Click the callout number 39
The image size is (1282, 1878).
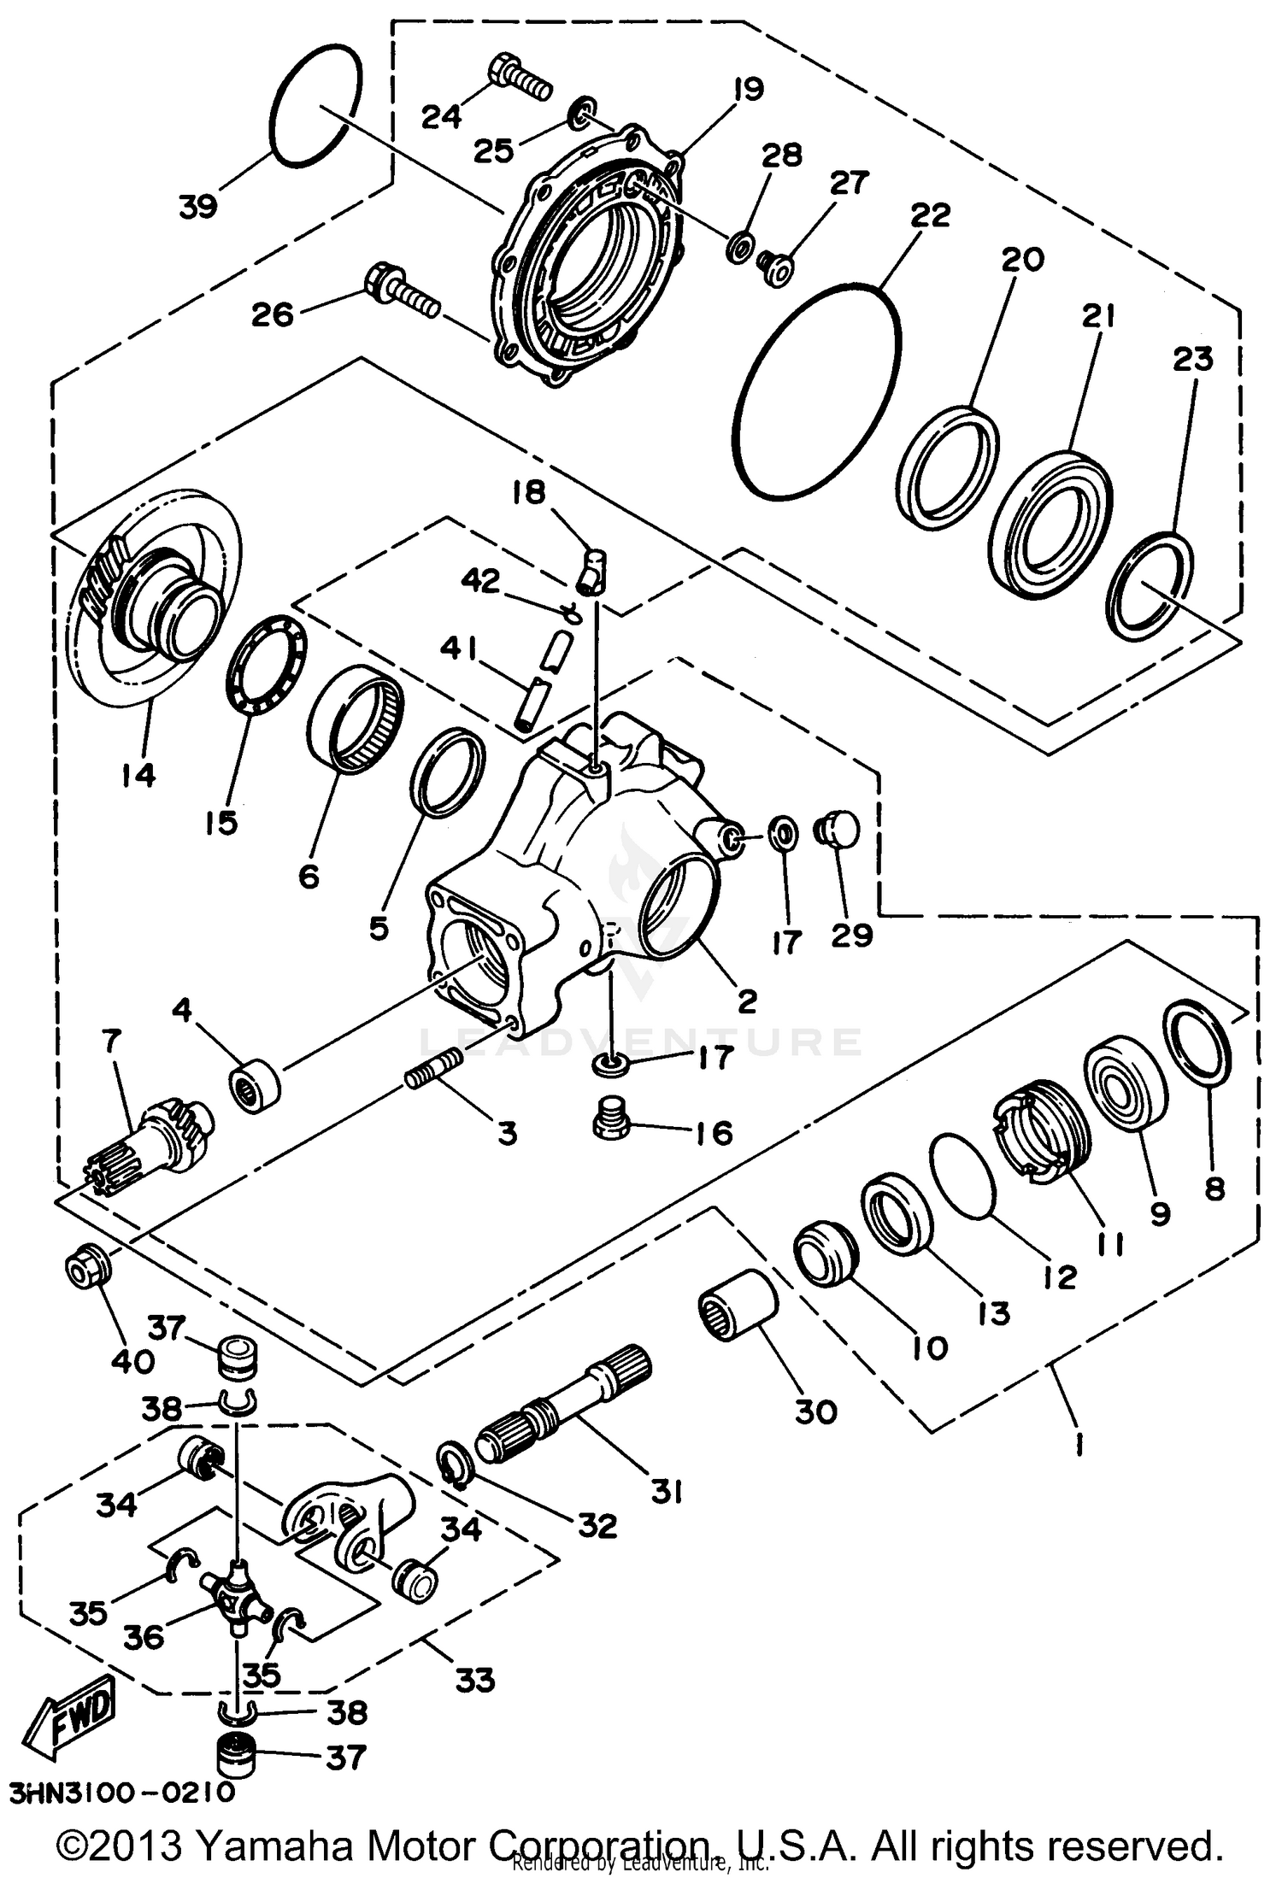(198, 206)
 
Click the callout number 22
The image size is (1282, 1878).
(930, 215)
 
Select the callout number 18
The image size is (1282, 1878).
(529, 493)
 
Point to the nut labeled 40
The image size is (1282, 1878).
(88, 1268)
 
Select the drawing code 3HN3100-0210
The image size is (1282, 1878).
(122, 1793)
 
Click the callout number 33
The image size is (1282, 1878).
(475, 1681)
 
